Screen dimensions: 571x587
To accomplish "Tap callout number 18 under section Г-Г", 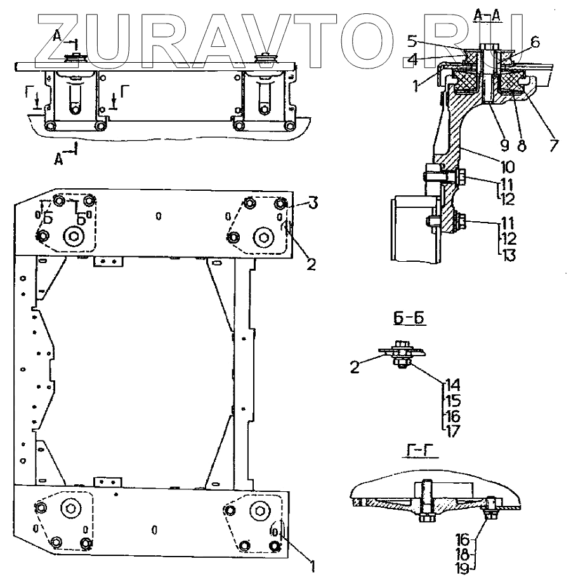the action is tap(464, 553).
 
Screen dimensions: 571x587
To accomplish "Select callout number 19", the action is tap(464, 568).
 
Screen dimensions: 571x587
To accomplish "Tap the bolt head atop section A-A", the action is tap(487, 47).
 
